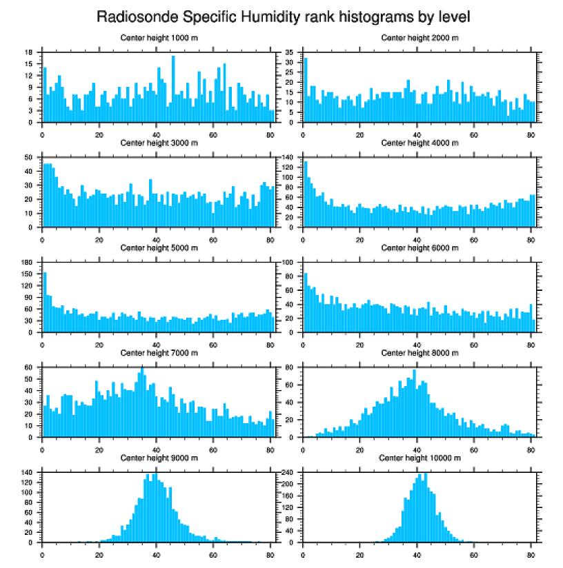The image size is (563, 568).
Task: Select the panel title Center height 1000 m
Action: (x=159, y=37)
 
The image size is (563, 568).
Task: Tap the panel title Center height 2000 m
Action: (x=419, y=37)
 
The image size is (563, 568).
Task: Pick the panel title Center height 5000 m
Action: (x=159, y=247)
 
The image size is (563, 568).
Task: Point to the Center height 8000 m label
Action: (x=419, y=353)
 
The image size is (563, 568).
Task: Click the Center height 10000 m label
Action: (x=419, y=458)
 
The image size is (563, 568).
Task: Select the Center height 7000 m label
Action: (x=159, y=353)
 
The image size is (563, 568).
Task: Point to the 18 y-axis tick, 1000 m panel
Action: (x=31, y=52)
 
